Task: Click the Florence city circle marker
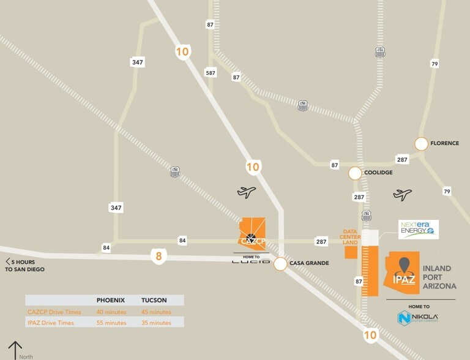[x=421, y=144]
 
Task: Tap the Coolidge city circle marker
[x=355, y=173]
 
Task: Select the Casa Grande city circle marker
[x=280, y=264]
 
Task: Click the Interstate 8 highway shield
[x=159, y=256]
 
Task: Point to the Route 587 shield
[x=211, y=73]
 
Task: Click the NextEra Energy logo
[x=419, y=230]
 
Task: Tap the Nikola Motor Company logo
[x=419, y=318]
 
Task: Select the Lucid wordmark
[x=251, y=261]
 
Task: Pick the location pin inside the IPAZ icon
[x=404, y=265]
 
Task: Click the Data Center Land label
[x=350, y=237]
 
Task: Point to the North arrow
[x=15, y=350]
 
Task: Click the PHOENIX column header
[x=111, y=300]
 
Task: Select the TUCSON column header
[x=154, y=300]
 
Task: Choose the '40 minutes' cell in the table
[x=111, y=312]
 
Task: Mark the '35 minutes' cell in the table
[x=156, y=323]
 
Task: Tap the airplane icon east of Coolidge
[x=403, y=195]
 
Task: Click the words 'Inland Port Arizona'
[x=437, y=277]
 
